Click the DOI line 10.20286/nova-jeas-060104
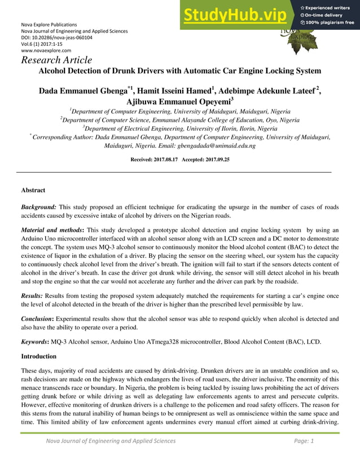tap(56, 38)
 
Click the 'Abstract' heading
tap(33, 191)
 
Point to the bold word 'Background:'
tap(38, 208)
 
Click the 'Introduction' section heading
tap(38, 357)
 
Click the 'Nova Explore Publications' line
tap(49, 25)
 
